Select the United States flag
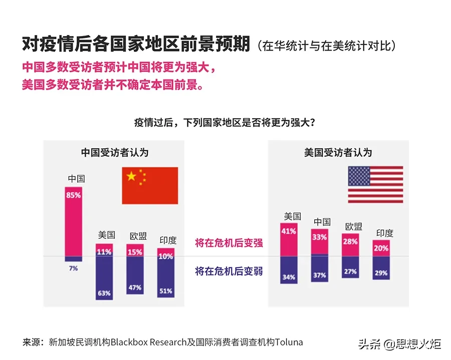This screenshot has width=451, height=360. click(375, 184)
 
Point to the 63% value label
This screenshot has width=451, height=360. click(104, 293)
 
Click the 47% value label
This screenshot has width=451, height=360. click(135, 287)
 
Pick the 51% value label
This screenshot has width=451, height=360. click(166, 290)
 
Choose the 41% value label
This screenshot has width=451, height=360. click(289, 231)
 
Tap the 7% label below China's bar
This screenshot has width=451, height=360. click(73, 268)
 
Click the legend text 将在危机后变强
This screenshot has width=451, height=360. click(229, 243)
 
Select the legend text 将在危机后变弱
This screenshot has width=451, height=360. click(229, 272)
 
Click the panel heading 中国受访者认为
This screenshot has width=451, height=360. click(115, 152)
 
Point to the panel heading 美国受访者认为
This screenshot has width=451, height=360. click(338, 152)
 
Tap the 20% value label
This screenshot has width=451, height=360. click(381, 247)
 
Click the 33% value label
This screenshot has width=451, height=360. click(320, 237)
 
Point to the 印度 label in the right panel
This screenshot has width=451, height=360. click(385, 233)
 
